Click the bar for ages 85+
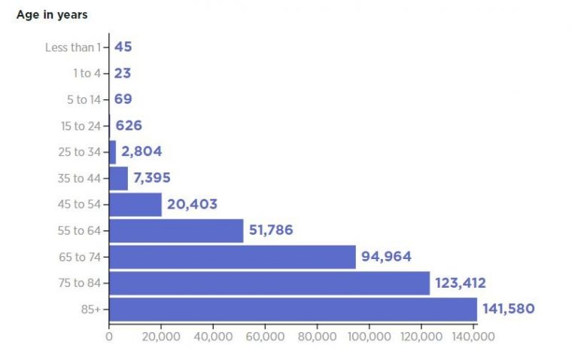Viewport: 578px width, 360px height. point(293,309)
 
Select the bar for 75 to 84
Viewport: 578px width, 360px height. point(269,283)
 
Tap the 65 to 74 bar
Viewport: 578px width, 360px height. point(233,257)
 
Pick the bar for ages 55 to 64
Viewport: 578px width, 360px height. point(176,230)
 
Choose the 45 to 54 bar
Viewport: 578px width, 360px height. point(135,204)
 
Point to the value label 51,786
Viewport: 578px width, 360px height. point(271,230)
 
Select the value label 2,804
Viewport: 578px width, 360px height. point(141,151)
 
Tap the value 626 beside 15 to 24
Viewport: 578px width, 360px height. point(129,125)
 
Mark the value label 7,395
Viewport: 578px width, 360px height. point(151,178)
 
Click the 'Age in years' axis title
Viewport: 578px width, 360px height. point(52,14)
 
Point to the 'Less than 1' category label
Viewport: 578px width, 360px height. point(73,47)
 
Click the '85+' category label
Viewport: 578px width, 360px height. point(91,310)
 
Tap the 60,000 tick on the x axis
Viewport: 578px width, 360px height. point(265,336)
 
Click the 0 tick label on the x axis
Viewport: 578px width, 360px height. point(109,336)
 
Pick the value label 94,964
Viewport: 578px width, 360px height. point(386,257)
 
